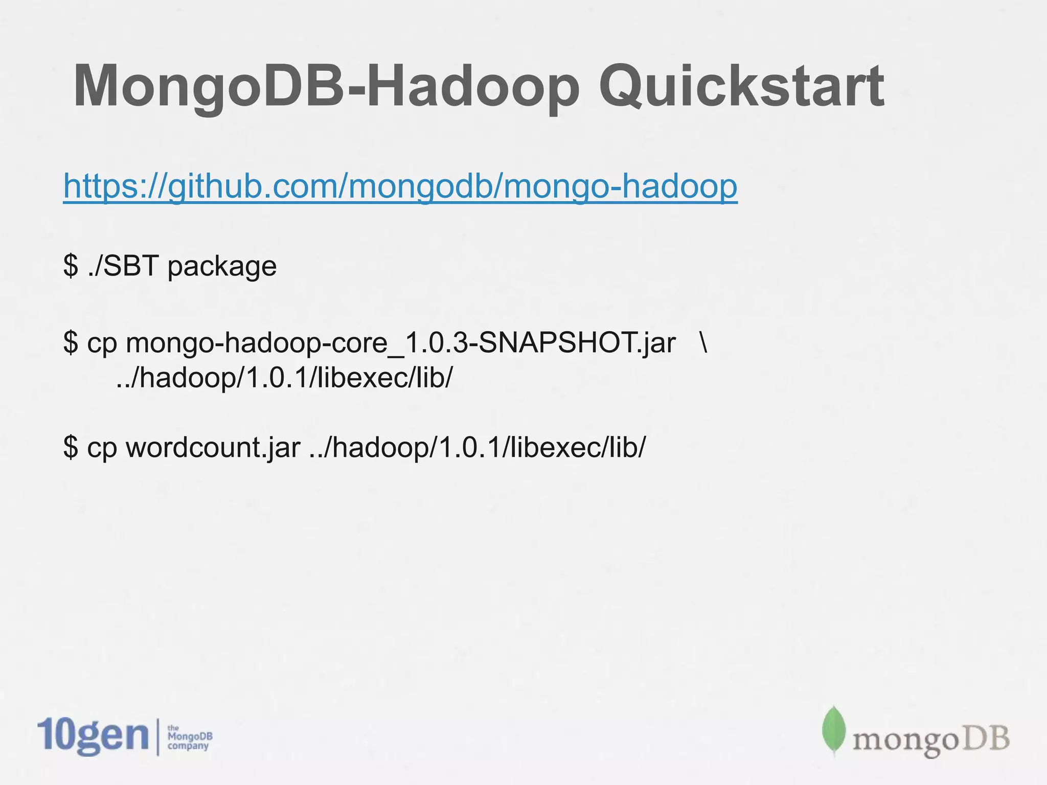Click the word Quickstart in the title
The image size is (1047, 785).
point(741,87)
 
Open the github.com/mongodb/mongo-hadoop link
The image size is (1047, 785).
point(400,186)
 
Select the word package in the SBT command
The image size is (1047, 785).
point(222,267)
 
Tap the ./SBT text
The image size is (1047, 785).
point(123,266)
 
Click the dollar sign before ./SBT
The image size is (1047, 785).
point(71,266)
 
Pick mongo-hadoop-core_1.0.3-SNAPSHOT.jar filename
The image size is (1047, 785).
point(401,342)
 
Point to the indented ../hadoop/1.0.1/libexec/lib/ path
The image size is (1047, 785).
point(284,378)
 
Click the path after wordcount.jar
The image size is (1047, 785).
point(477,448)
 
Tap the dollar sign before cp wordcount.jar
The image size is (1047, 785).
point(71,448)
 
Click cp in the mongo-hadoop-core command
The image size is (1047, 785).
point(102,343)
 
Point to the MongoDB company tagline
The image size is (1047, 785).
point(190,737)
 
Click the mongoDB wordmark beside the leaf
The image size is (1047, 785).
point(930,740)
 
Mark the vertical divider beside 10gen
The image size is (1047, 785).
point(158,736)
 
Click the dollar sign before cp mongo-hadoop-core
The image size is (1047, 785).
point(71,342)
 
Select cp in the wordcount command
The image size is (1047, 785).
point(102,449)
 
